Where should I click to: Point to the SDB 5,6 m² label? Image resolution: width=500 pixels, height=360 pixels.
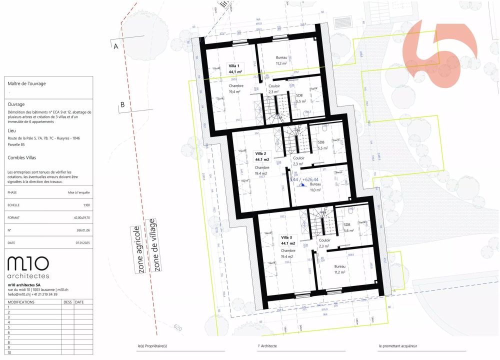[348, 227]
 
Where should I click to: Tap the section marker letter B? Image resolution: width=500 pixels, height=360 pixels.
[122, 105]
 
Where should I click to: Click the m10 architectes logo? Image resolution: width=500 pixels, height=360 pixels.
[28, 266]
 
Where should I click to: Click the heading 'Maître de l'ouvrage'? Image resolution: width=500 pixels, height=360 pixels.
[27, 83]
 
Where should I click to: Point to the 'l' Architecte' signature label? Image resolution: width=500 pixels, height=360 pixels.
[267, 346]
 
